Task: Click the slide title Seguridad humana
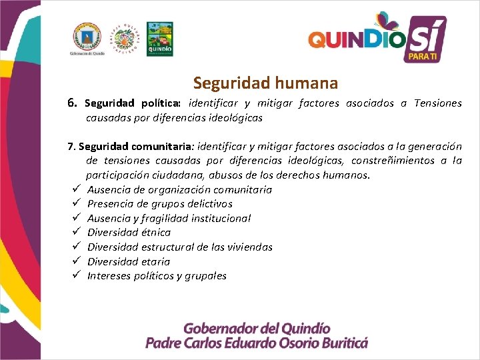tap(265, 83)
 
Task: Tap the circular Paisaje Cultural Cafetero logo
tap(124, 39)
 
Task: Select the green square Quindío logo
tap(159, 39)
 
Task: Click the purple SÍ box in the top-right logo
tap(425, 39)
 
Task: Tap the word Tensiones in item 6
tap(437, 103)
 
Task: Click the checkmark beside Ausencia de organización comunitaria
tap(77, 189)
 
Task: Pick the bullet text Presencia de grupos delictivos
tap(160, 204)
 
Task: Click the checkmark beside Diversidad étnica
tap(77, 233)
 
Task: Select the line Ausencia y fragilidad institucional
tap(169, 218)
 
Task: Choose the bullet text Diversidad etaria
tap(129, 261)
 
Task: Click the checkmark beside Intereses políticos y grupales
tap(77, 276)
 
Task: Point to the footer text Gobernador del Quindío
tap(257, 329)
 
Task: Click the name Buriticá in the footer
tap(339, 343)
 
